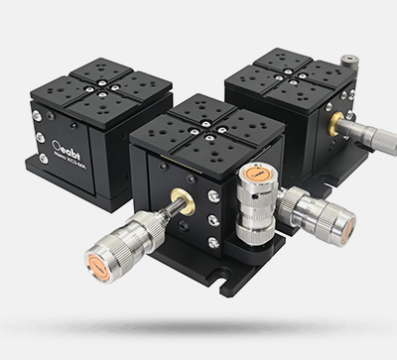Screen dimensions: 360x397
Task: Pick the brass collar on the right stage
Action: (x=336, y=125)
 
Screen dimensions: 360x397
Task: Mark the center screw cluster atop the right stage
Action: (x=290, y=75)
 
